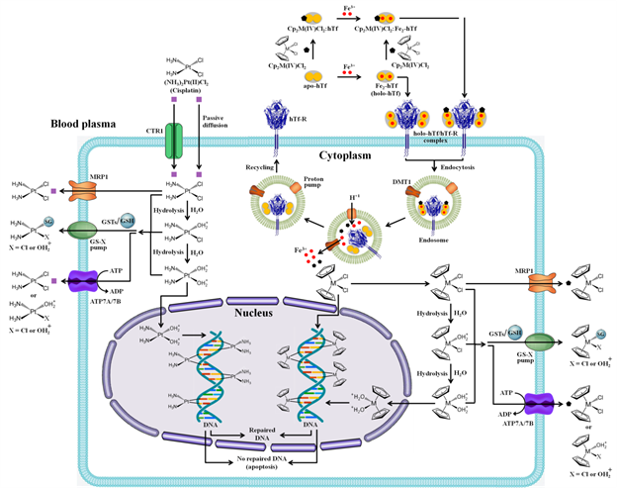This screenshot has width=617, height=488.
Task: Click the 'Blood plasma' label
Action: [x=51, y=126]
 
